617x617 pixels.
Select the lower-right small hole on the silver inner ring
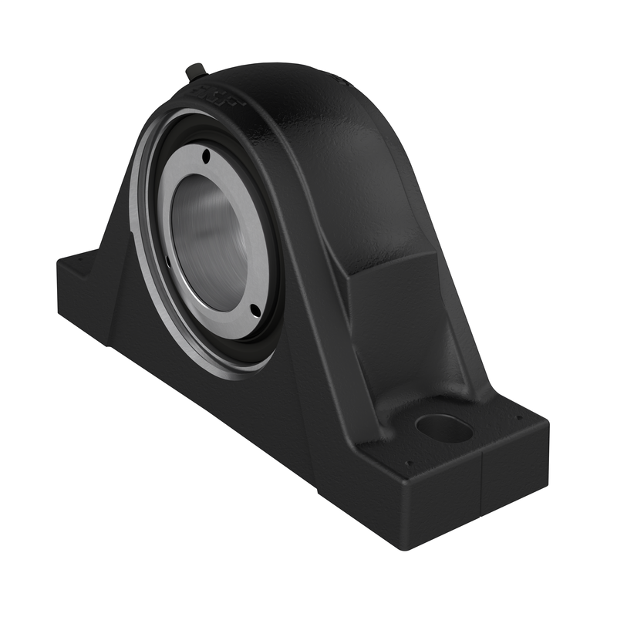click(254, 309)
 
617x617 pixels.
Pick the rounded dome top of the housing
click(285, 85)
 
